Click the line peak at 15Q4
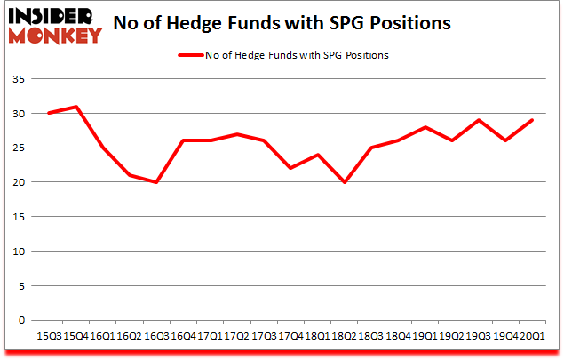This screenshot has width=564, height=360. coord(75,107)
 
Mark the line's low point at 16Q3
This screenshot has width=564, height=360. coord(156,182)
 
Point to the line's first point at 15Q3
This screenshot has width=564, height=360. coord(49,113)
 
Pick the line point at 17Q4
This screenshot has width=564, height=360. coord(290,168)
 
